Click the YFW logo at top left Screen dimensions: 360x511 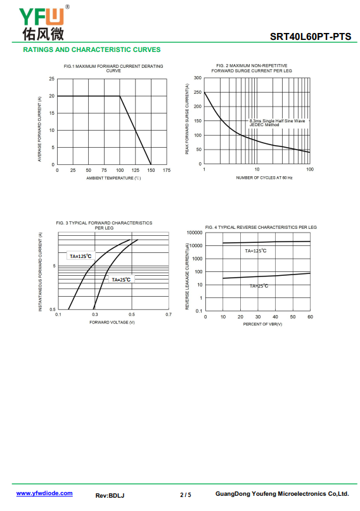(x=44, y=23)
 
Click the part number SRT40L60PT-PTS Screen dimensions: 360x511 (x=311, y=37)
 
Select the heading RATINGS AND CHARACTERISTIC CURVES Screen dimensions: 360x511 (x=92, y=50)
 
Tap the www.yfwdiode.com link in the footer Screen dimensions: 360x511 (x=44, y=493)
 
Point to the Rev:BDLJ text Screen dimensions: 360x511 (x=110, y=495)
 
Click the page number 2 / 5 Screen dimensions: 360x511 (x=185, y=495)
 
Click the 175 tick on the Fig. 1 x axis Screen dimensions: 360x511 (x=167, y=170)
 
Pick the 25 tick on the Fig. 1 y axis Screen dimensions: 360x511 (x=52, y=79)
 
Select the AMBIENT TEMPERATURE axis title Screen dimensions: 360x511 (x=113, y=178)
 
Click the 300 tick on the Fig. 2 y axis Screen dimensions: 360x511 (x=198, y=77)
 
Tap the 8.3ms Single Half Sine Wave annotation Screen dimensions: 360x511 (x=277, y=120)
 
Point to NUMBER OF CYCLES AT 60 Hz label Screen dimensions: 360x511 (x=264, y=178)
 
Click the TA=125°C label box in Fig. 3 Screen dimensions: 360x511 (x=80, y=256)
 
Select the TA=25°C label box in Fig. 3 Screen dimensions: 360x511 (x=121, y=280)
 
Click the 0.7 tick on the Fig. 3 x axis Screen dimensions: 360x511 (x=168, y=314)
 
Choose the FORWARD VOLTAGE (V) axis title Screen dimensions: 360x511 (x=112, y=322)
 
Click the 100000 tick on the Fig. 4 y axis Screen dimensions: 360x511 (x=195, y=233)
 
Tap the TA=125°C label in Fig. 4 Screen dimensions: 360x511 (x=256, y=250)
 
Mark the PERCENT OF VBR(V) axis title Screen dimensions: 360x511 (x=262, y=324)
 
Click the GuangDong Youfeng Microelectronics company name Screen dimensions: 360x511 (x=282, y=494)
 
